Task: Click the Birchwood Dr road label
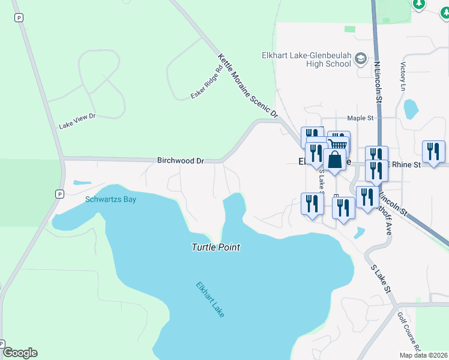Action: [181, 161]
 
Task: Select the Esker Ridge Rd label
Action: [206, 82]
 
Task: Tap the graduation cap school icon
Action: [361, 59]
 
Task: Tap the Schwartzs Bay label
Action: [110, 199]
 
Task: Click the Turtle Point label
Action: [215, 247]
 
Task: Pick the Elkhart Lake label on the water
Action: [210, 299]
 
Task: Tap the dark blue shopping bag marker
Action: [334, 160]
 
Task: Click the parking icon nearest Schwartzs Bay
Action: [59, 194]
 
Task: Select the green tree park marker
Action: [419, 4]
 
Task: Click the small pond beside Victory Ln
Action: [411, 109]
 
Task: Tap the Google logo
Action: [20, 353]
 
